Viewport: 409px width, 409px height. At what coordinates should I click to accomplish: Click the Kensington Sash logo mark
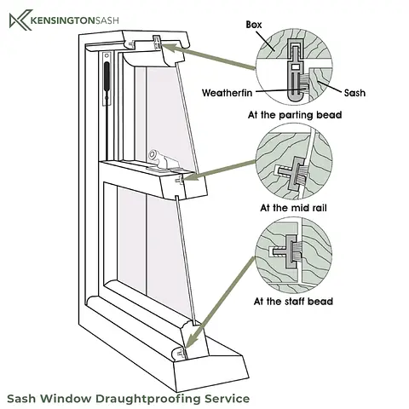click(20, 20)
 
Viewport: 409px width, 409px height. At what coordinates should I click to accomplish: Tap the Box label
click(254, 25)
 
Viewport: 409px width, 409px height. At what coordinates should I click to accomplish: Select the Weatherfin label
click(228, 93)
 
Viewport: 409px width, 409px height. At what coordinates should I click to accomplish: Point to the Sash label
click(354, 93)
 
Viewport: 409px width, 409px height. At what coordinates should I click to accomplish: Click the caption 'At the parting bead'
click(295, 115)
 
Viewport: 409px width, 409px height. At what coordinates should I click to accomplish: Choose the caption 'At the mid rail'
click(293, 208)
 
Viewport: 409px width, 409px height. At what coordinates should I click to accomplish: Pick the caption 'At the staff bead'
click(293, 301)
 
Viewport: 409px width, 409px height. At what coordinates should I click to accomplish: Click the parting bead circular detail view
click(294, 67)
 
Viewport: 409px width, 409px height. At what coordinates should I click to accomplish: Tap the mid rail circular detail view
click(294, 161)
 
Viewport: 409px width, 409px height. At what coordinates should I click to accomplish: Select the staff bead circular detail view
click(294, 255)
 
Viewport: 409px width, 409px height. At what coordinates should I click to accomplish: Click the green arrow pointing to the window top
click(208, 57)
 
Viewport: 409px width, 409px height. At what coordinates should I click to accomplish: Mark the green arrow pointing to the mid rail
click(221, 170)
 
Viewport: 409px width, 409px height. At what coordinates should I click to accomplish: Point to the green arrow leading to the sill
click(219, 302)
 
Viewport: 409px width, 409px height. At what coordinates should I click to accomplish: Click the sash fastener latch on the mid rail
click(160, 162)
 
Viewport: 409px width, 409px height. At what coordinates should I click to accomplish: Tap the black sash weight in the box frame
click(107, 76)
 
